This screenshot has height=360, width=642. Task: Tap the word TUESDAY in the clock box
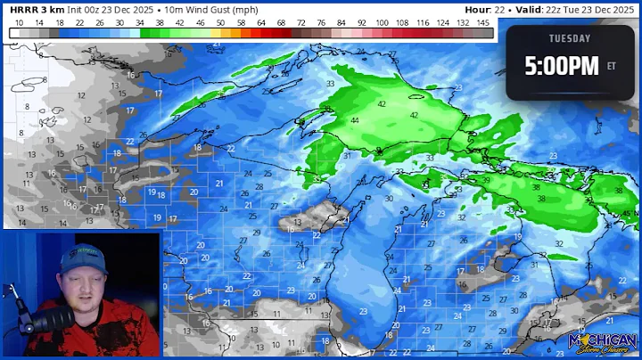[x=569, y=38]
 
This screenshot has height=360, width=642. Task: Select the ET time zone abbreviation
[x=611, y=66]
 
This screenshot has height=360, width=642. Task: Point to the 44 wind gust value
[x=355, y=120]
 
